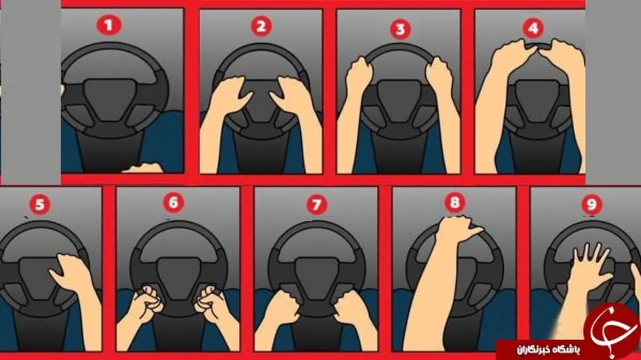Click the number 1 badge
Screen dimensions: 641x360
tap(109, 26)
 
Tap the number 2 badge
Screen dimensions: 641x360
tap(261, 26)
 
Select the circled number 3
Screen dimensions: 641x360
tap(400, 29)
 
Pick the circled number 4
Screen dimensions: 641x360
tap(533, 28)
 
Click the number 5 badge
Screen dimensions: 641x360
tap(40, 205)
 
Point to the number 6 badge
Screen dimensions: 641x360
tap(174, 202)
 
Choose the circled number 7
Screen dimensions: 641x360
tap(317, 205)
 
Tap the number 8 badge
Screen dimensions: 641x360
tap(455, 202)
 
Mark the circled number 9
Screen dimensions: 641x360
tap(592, 204)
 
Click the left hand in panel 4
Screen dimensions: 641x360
tap(512, 54)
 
